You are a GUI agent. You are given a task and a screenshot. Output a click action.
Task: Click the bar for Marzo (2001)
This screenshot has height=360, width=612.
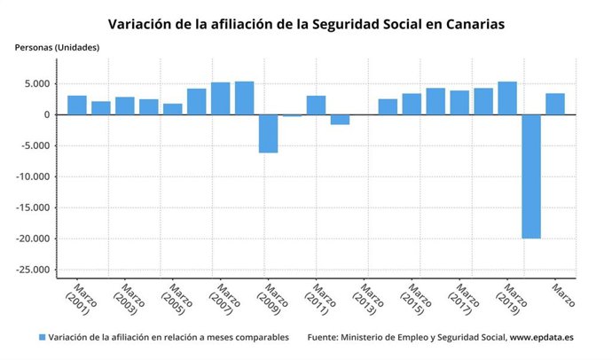click(x=77, y=105)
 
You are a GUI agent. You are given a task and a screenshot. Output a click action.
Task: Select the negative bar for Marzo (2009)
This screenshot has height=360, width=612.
click(x=268, y=133)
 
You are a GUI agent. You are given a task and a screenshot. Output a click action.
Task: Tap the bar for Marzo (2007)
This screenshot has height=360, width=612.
click(x=221, y=98)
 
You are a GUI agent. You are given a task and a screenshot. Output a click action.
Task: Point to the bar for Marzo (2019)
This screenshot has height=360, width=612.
click(x=507, y=98)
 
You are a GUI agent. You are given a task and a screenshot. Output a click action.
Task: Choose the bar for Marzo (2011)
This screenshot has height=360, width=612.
click(x=316, y=105)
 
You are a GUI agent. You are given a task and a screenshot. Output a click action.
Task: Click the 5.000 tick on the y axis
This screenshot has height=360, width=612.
click(x=36, y=84)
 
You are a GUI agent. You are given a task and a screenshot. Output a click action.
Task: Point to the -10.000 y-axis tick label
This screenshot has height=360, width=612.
click(x=33, y=177)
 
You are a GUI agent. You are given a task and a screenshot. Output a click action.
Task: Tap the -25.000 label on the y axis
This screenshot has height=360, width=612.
click(x=33, y=270)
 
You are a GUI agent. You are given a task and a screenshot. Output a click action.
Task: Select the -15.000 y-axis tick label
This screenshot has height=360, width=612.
click(x=33, y=208)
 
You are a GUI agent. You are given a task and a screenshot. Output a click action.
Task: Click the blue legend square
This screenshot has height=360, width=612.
click(x=42, y=338)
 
